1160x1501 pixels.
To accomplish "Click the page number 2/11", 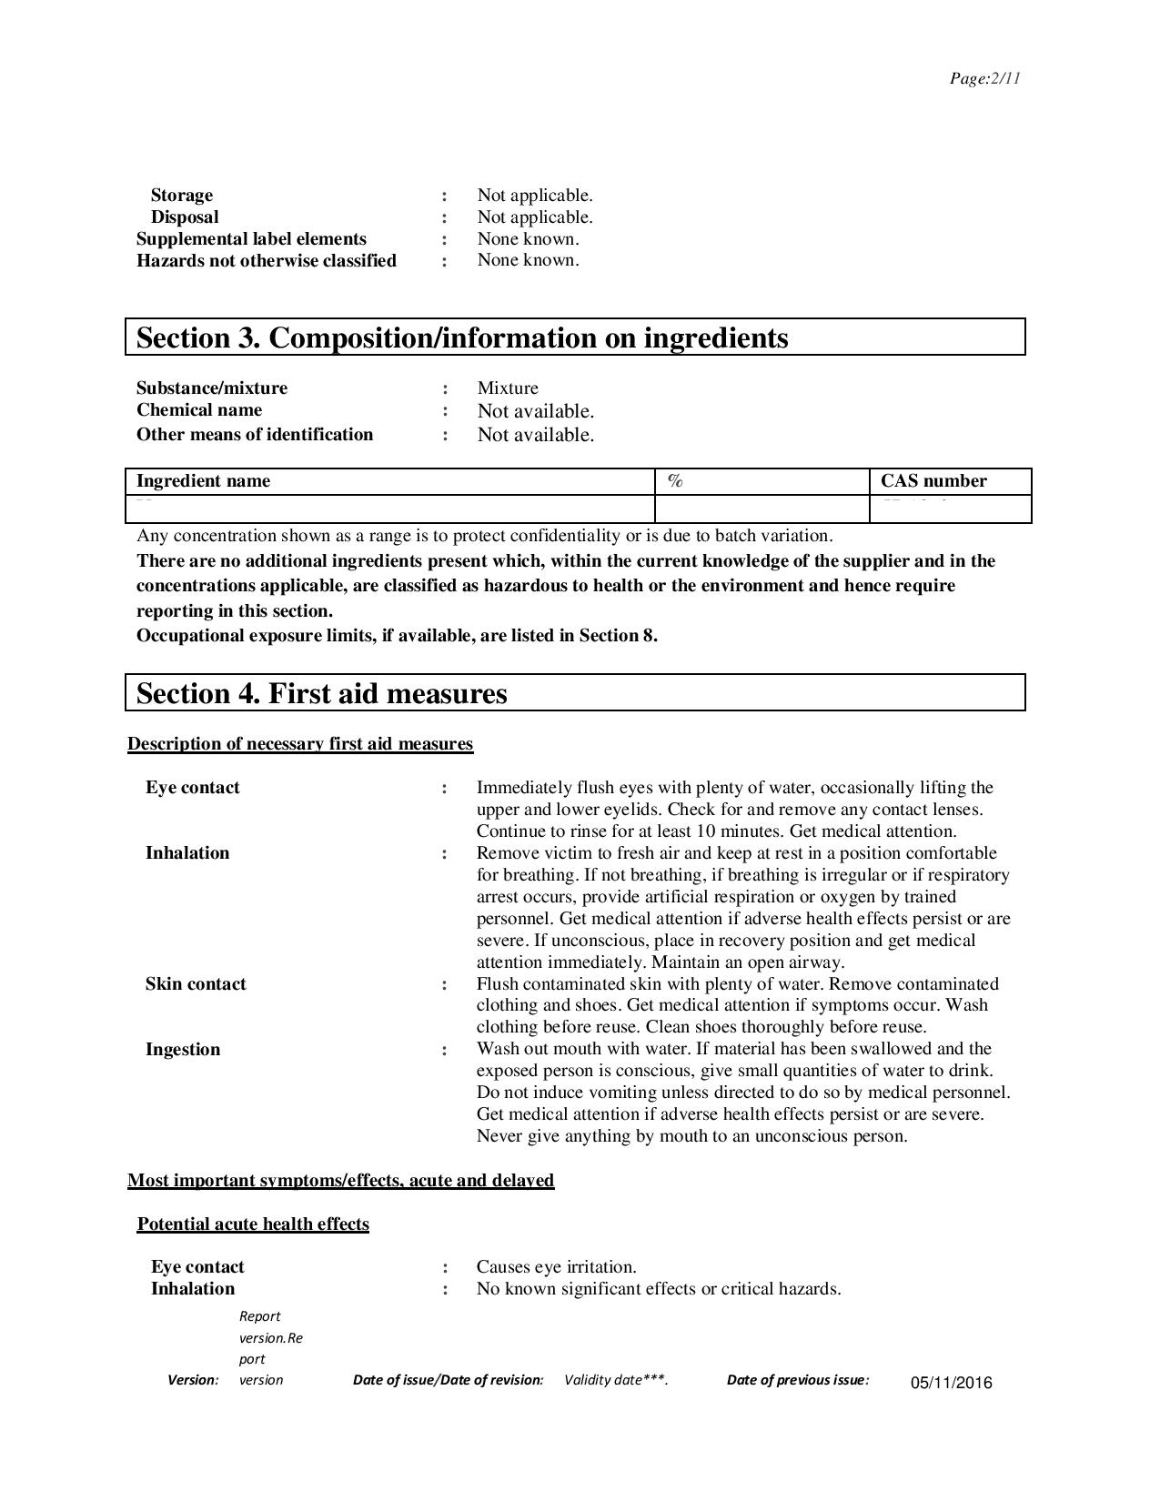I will [x=984, y=78].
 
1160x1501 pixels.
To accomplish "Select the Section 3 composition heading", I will [x=462, y=337].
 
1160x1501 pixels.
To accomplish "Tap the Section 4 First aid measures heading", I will [x=321, y=693].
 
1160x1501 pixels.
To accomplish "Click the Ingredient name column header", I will [x=203, y=481].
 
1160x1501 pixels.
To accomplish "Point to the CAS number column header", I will [x=933, y=481].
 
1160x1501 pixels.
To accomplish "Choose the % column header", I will [x=675, y=481].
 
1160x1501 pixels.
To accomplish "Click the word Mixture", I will [x=508, y=388].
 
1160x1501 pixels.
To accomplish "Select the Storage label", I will [x=182, y=196].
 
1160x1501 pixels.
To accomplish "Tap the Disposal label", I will [x=185, y=217].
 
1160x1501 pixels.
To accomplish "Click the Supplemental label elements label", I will [x=251, y=239].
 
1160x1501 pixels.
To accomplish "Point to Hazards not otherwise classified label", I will [x=267, y=261].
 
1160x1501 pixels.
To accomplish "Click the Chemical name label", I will [x=199, y=410].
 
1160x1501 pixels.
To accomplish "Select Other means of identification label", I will [x=255, y=435].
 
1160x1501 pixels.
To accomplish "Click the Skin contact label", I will [x=196, y=984].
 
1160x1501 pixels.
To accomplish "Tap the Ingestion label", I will [x=183, y=1050].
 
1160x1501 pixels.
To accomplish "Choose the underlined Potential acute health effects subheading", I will [x=253, y=1224].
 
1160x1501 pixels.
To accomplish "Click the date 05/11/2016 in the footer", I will [x=952, y=1384].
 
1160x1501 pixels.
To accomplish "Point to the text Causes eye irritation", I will [x=557, y=1267].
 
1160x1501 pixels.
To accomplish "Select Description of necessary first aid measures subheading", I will [x=300, y=744].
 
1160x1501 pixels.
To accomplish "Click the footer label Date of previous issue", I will [x=798, y=1380].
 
